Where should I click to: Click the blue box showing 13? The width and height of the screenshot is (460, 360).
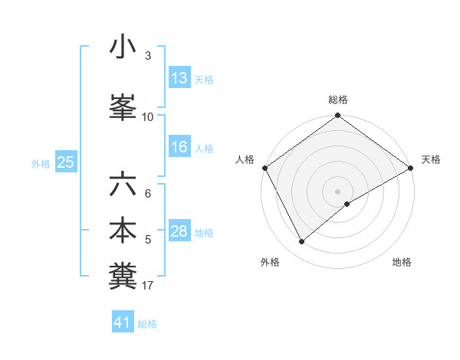179,77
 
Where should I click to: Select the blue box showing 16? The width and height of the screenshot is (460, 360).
179,147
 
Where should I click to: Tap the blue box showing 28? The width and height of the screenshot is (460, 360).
179,231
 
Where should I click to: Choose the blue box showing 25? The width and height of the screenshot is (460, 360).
65,162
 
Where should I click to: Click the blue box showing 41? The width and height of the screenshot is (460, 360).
123,322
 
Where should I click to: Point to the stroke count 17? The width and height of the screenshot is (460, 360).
148,286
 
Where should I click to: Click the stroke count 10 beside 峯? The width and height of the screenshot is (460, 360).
148,117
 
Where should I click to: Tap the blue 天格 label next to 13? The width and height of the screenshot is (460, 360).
204,79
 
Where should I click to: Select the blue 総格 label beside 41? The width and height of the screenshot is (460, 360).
147,324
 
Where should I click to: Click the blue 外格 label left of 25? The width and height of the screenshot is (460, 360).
41,163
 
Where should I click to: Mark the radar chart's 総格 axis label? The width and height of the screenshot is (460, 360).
337,100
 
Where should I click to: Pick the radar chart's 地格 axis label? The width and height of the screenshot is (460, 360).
402,262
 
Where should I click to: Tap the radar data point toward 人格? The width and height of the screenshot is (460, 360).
264,169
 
